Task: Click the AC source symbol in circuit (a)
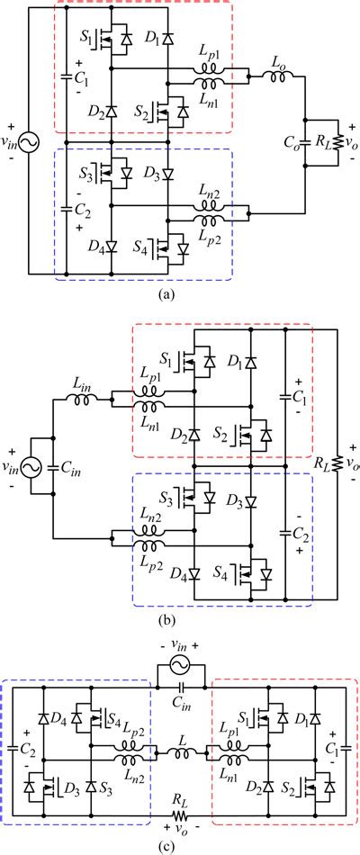[26, 143]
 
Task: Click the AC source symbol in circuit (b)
[26, 466]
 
